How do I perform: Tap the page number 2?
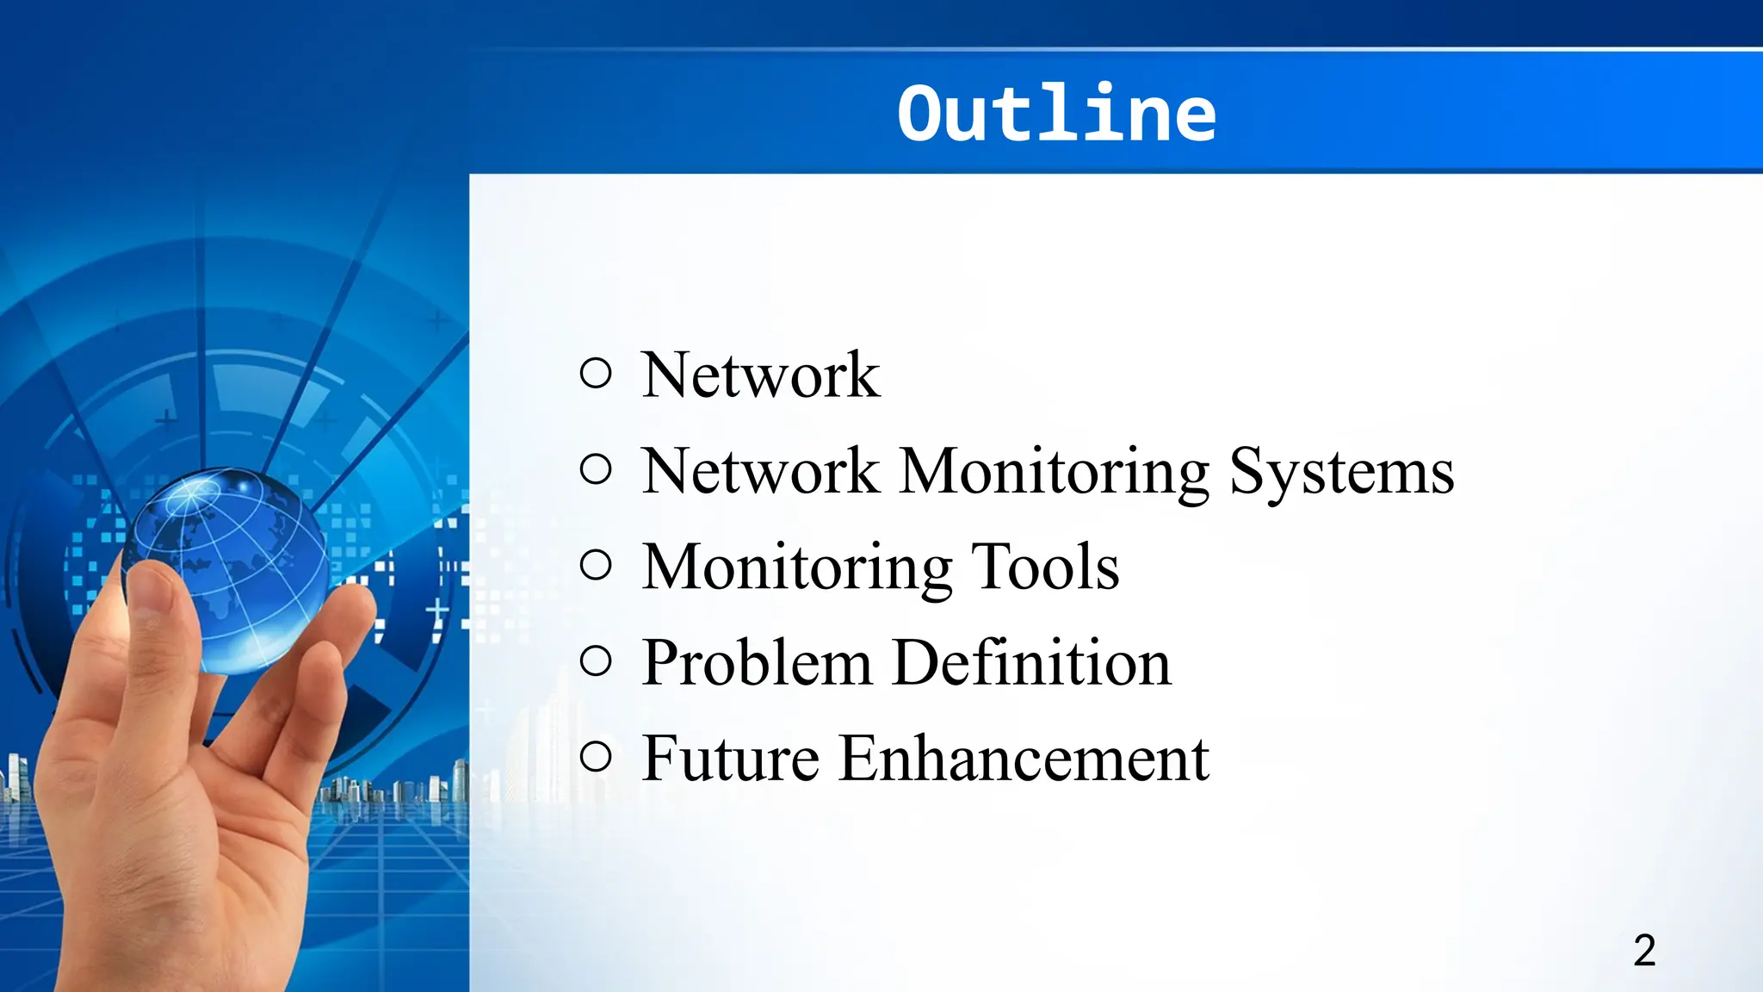1644,951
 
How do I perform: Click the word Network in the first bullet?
761,375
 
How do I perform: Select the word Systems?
1341,472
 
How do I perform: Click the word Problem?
757,664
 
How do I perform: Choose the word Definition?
1031,663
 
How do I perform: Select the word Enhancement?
1024,759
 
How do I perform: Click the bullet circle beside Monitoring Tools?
596,566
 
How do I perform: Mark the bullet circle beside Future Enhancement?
596,757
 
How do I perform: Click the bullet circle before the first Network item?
596,373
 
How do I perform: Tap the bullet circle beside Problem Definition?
596,661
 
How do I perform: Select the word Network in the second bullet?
761,472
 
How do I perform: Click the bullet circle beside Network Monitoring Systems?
596,469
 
